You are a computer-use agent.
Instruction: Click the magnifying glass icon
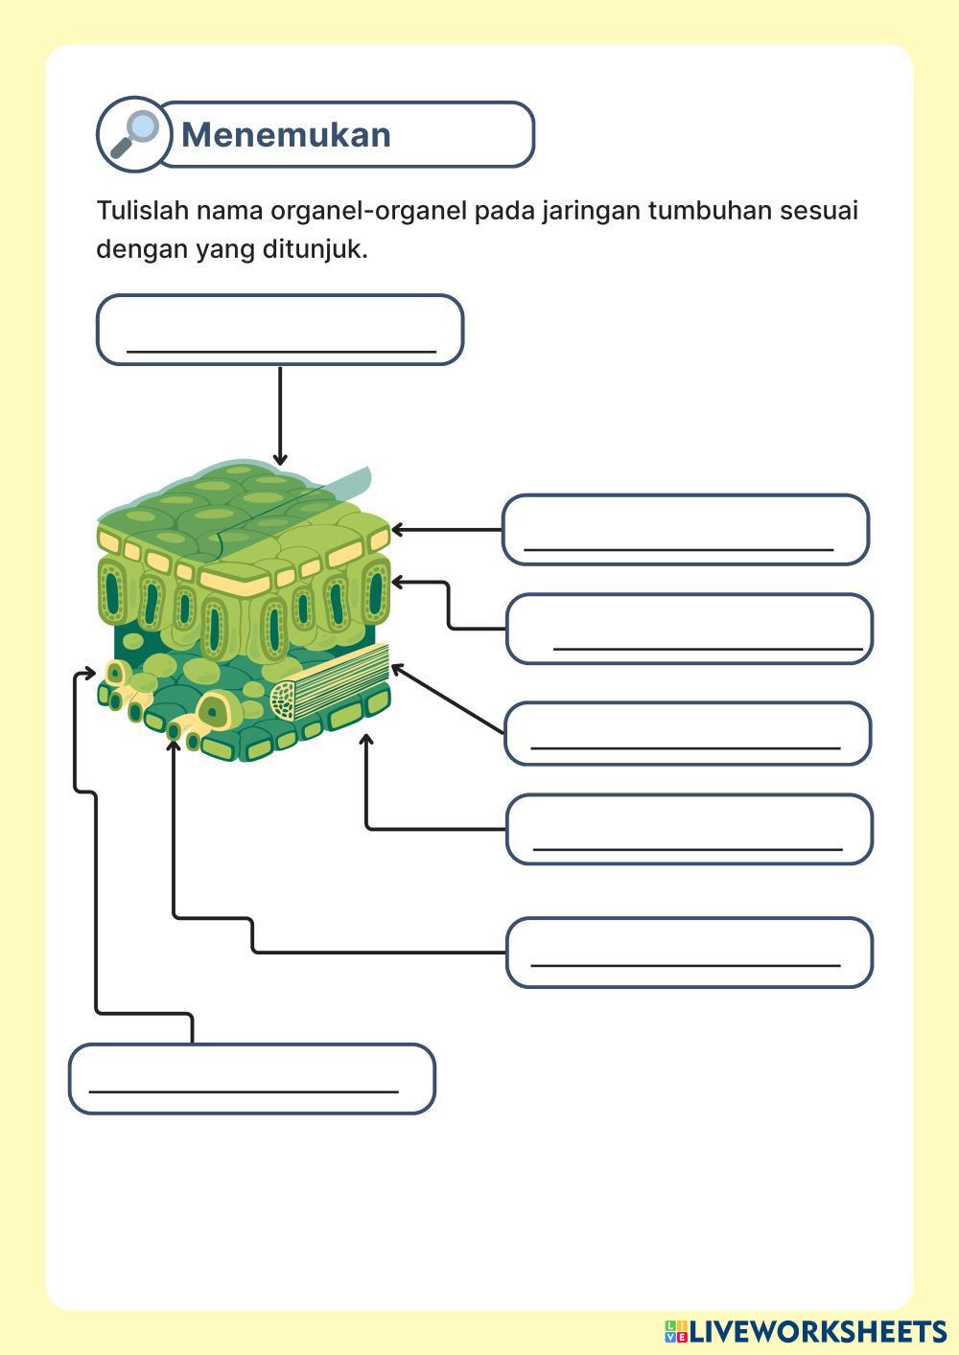(133, 133)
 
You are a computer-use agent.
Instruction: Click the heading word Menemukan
(286, 135)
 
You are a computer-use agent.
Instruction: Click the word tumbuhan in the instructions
(710, 210)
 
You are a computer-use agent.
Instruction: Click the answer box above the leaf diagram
(280, 330)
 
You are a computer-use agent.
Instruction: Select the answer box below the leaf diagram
(251, 1079)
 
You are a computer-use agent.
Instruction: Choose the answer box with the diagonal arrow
(687, 733)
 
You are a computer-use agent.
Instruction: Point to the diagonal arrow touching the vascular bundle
(447, 700)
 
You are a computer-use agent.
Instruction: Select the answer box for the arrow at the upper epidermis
(685, 529)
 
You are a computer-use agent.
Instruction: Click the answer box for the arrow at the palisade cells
(689, 629)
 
